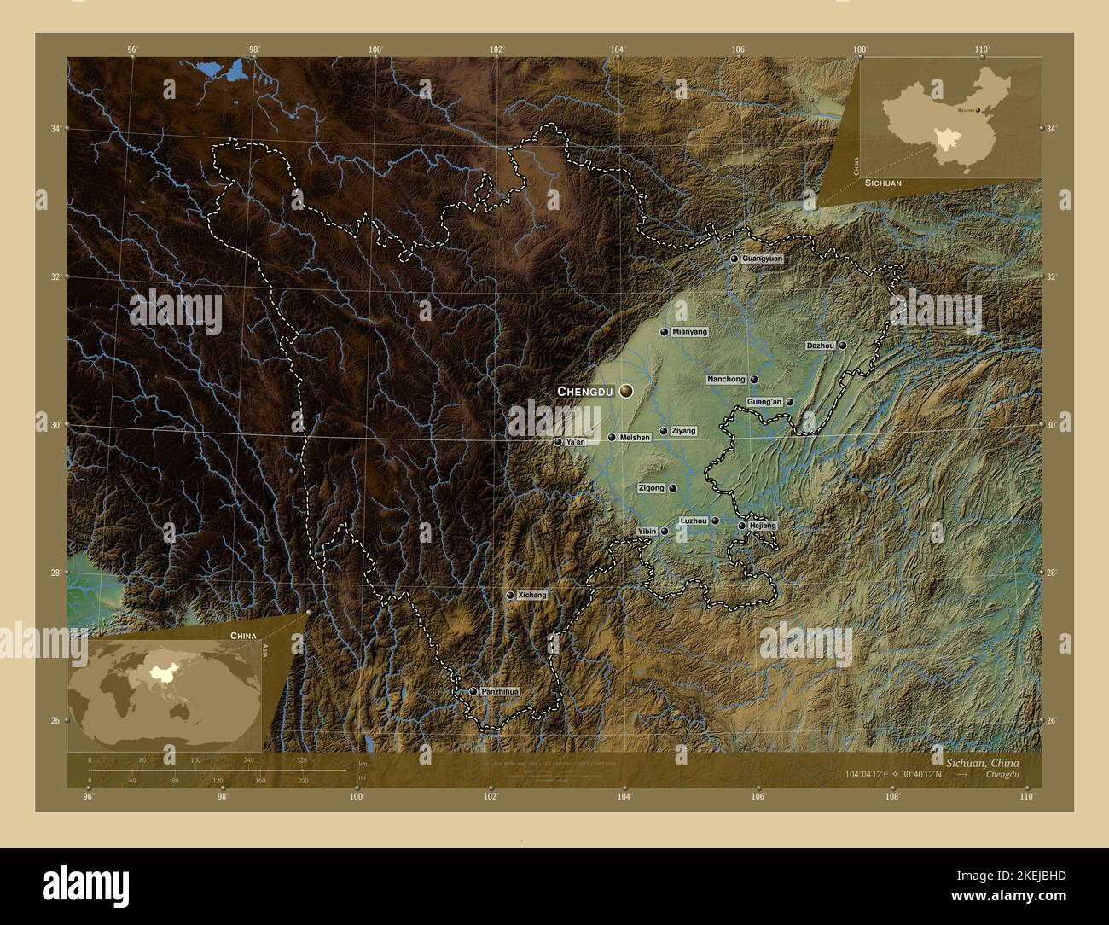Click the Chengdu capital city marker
coord(627,391)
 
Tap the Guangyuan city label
coord(762,258)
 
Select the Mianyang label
coord(689,332)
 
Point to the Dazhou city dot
coord(842,346)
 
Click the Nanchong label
coord(726,379)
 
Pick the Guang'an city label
coord(764,402)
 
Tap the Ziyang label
coord(683,431)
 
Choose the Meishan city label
coord(635,438)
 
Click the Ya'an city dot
coord(558,442)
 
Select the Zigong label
coord(651,488)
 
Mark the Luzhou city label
coord(693,521)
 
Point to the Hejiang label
coord(763,526)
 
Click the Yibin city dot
coord(665,531)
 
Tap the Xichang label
coord(532,595)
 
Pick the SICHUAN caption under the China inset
coord(882,183)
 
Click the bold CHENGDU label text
coord(585,391)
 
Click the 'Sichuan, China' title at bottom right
coord(982,761)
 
